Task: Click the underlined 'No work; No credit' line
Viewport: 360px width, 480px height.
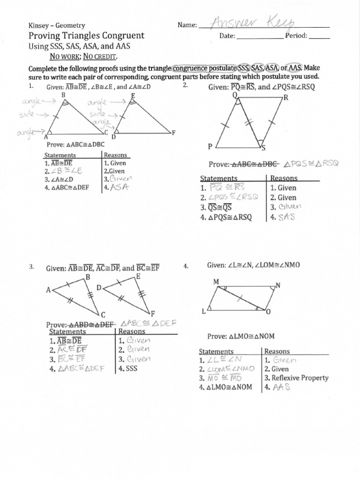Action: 84,57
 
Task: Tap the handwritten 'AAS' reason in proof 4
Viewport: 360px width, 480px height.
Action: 281,387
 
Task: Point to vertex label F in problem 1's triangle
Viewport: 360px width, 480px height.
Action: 173,133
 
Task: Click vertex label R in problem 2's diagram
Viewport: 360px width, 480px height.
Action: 285,98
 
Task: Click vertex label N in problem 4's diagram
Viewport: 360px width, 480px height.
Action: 278,285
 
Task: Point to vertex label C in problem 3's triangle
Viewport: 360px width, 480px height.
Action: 103,314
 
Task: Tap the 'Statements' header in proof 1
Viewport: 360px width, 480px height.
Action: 60,155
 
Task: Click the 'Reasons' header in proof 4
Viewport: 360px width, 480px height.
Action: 277,351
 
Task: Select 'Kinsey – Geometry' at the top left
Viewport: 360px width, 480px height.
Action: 57,25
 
